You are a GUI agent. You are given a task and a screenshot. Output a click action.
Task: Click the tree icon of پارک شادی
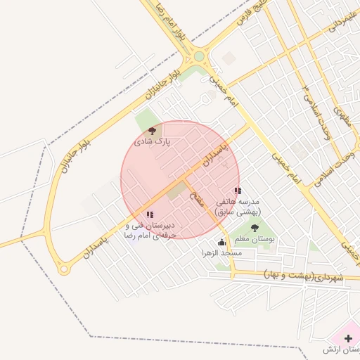click(153, 131)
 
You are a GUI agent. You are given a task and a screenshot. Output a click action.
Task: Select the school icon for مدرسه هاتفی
click(238, 191)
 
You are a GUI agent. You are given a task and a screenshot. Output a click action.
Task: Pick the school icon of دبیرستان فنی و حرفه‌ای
click(150, 215)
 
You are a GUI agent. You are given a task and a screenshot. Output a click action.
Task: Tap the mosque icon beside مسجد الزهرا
click(222, 242)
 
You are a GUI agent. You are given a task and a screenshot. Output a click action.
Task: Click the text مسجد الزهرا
click(222, 252)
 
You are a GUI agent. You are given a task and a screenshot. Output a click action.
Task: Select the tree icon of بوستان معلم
click(254, 228)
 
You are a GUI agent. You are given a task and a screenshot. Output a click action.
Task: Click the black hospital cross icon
click(349, 338)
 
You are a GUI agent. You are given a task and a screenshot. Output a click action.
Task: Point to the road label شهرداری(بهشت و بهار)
click(304, 275)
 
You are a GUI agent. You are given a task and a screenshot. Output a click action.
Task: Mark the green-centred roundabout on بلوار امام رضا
click(198, 56)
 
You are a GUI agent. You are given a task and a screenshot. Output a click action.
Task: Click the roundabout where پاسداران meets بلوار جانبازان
click(64, 269)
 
